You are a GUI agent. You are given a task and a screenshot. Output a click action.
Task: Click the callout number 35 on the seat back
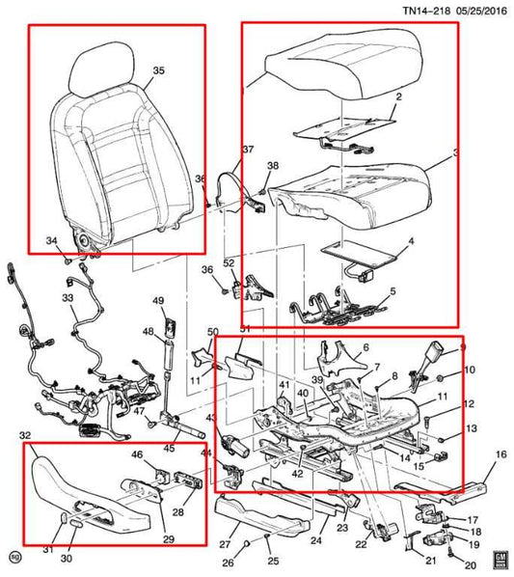click(158, 70)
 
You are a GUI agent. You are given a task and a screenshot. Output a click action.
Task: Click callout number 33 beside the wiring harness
click(68, 299)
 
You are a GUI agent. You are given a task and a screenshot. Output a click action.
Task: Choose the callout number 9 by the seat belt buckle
click(461, 347)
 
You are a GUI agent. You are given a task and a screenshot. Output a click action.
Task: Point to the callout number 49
click(158, 300)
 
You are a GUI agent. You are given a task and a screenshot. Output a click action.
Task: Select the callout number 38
click(272, 166)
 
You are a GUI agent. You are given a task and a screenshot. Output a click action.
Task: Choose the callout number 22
click(361, 544)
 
